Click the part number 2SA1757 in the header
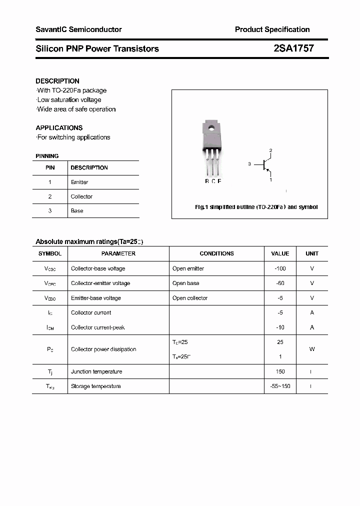click(293, 48)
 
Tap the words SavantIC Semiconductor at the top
click(78, 29)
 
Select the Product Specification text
click(272, 29)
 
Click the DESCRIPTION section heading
click(57, 81)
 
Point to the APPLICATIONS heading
click(59, 128)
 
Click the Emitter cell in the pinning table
click(79, 182)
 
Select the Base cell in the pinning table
click(77, 211)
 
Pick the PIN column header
click(50, 168)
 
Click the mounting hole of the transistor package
click(211, 127)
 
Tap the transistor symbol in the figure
click(265, 164)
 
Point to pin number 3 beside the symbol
click(249, 164)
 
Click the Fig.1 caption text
click(256, 207)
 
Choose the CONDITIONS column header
click(216, 254)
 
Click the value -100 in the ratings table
click(280, 268)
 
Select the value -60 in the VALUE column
click(280, 283)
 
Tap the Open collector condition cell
click(190, 298)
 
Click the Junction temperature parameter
click(96, 371)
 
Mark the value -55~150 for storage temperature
click(280, 386)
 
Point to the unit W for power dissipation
click(312, 349)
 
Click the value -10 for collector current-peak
click(280, 327)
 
